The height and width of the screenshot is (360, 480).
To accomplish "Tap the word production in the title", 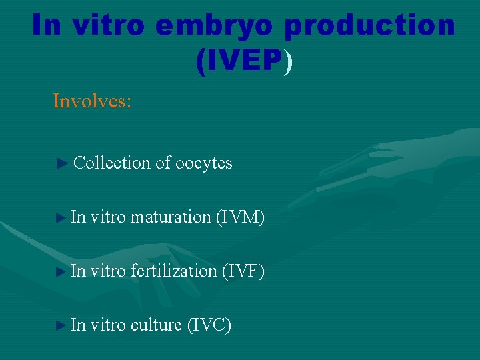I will [x=370, y=25].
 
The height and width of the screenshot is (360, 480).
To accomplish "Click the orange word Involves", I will [x=92, y=101].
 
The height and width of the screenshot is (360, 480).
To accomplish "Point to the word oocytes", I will [x=203, y=163].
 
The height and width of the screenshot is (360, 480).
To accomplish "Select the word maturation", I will [x=171, y=217].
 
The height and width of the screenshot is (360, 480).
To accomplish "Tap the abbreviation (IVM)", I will [x=240, y=217].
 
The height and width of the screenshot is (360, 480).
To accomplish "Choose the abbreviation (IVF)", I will [x=240, y=271].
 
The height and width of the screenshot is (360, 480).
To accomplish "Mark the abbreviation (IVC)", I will [x=209, y=325].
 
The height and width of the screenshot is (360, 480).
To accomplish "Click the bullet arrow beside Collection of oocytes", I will [x=62, y=163].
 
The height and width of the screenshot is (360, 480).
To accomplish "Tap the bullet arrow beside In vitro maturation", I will [x=61, y=217].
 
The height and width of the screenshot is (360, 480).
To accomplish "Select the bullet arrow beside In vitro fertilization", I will [x=61, y=271].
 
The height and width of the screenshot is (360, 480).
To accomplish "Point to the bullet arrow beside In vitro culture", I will [x=61, y=325].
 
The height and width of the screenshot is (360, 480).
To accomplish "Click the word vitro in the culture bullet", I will [x=107, y=325].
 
